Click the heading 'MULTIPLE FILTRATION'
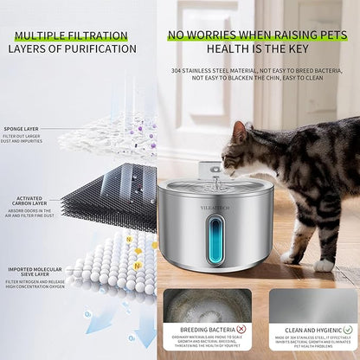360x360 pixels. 71,35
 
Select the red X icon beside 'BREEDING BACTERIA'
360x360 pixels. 241,329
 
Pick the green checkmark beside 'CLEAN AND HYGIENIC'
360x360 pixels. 347,329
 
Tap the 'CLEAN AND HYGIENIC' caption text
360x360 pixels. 306,329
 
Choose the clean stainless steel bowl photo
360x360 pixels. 312,304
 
